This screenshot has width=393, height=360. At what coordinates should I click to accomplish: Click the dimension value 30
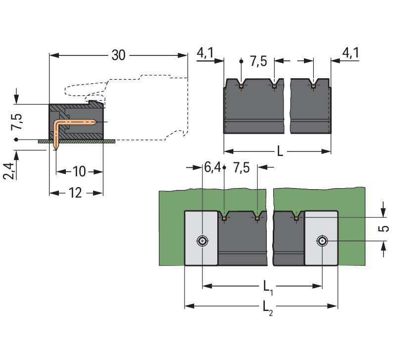click(x=118, y=55)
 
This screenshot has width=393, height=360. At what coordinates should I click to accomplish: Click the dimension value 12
click(x=75, y=193)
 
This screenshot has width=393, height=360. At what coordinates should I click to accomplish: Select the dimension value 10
click(x=79, y=172)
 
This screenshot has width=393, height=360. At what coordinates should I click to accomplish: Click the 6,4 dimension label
click(x=212, y=168)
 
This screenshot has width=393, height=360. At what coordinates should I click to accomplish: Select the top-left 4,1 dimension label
click(x=205, y=53)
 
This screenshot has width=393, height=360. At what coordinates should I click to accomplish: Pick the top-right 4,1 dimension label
click(x=350, y=53)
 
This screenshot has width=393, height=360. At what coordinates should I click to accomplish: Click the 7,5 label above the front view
click(x=258, y=61)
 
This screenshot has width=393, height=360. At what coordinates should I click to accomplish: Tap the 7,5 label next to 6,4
click(x=241, y=168)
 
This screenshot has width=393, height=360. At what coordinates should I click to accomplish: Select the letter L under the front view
click(x=280, y=151)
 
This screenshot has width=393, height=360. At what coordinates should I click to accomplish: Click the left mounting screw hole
click(x=202, y=241)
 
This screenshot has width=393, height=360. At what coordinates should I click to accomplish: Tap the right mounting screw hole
click(x=322, y=241)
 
